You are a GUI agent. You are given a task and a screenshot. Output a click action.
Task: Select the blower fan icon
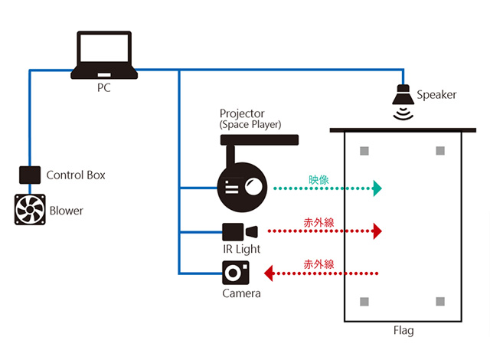pyautogui.click(x=30, y=210)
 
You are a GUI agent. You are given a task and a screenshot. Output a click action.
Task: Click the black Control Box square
pyautogui.click(x=29, y=175)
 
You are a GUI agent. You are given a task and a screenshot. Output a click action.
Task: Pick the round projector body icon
pyautogui.click(x=242, y=187)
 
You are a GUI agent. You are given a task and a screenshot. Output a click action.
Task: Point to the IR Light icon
pyautogui.click(x=240, y=231)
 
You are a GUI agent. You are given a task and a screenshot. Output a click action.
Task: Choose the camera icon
pyautogui.click(x=236, y=272)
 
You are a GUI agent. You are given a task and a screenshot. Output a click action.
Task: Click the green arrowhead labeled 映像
pyautogui.click(x=377, y=188)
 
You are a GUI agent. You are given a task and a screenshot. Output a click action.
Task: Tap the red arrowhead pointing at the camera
pyautogui.click(x=269, y=272)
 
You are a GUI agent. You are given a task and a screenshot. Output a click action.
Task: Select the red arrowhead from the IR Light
pyautogui.click(x=377, y=231)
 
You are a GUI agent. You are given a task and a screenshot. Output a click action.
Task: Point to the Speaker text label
pyautogui.click(x=436, y=95)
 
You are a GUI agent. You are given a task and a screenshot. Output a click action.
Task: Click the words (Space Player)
pyautogui.click(x=250, y=124)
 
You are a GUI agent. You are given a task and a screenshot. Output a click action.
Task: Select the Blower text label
pyautogui.click(x=67, y=211)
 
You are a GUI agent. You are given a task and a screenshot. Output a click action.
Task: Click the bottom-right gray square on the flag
pyautogui.click(x=439, y=300)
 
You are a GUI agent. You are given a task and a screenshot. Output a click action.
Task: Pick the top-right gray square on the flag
pyautogui.click(x=439, y=150)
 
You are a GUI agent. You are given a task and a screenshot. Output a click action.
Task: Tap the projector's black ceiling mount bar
pyautogui.click(x=259, y=139)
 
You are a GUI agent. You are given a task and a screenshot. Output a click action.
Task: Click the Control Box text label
pyautogui.click(x=76, y=175)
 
